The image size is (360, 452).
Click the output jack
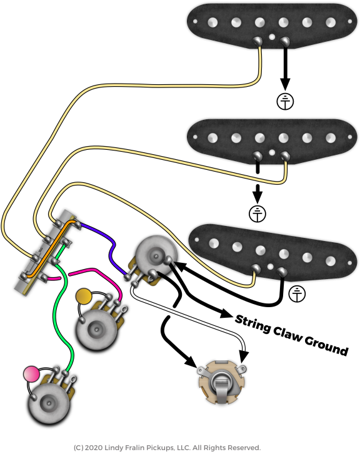pos(221,381)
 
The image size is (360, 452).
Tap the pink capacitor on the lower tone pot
pos(31,374)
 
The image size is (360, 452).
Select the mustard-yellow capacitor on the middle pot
pos(83,296)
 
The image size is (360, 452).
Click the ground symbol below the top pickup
pos(285,102)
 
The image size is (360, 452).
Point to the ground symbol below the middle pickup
pos(257,214)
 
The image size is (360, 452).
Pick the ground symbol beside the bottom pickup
pos(297,294)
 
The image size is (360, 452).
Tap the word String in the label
pos(252,324)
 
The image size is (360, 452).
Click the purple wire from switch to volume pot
pos(111,248)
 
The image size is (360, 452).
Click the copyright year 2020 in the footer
pos(94,448)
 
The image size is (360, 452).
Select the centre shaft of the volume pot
pos(156,256)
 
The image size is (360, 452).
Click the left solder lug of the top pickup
pos(257,41)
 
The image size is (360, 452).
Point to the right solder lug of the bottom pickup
pos(282,271)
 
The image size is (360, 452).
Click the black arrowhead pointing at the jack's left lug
pos(191,361)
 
